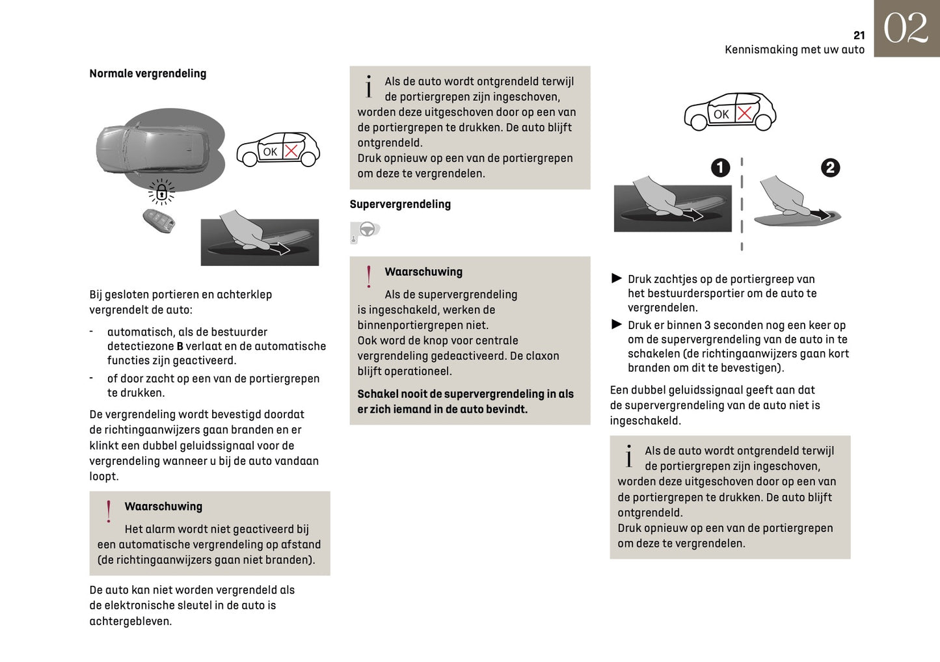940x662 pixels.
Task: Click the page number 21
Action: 859,35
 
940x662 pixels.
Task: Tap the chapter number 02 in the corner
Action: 906,29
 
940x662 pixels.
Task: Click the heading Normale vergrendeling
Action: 148,73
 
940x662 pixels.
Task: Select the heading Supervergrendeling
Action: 400,204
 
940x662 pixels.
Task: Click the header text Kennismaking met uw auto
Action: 794,50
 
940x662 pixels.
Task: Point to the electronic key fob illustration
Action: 159,220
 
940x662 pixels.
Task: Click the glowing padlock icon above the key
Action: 161,192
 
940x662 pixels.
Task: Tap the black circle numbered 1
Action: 720,168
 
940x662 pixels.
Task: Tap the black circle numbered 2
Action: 830,168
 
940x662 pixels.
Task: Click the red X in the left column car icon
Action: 291,152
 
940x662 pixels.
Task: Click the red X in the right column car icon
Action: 744,113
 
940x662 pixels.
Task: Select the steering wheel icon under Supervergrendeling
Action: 366,230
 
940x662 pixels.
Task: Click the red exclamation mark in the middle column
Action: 369,276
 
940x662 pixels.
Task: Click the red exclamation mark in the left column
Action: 109,511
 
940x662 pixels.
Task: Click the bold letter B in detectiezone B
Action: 180,347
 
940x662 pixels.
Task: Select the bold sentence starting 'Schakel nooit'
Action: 465,401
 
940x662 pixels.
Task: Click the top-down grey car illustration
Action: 154,148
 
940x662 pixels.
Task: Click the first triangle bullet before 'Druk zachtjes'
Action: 617,278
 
